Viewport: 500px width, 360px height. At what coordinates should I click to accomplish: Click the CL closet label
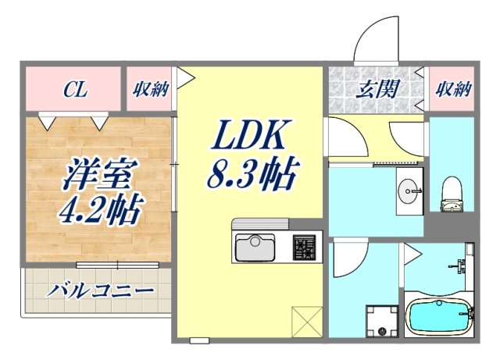[x=75, y=90]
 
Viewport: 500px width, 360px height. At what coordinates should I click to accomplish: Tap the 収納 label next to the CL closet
[x=150, y=89]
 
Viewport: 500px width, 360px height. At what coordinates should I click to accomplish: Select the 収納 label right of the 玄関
[x=452, y=89]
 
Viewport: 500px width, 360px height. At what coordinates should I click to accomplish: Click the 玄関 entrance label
[x=378, y=88]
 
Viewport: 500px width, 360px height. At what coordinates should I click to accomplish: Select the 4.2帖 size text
[x=99, y=210]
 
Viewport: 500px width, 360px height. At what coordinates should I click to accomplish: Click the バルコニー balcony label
[x=99, y=293]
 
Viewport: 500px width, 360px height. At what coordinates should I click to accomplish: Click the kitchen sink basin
[x=255, y=248]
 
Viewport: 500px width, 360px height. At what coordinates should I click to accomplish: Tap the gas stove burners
[x=305, y=248]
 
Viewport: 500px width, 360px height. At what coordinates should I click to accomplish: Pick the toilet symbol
[x=452, y=195]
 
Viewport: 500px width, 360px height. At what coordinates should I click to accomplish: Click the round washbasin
[x=408, y=190]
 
